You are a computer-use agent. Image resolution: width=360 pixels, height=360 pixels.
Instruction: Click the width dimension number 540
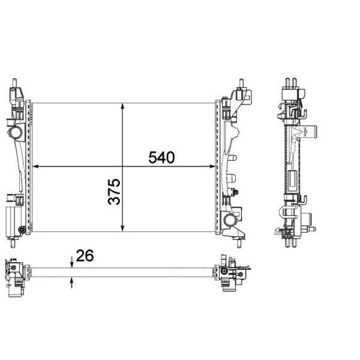[x=161, y=157]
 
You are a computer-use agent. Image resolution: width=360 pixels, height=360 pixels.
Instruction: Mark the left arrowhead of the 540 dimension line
[x=37, y=166]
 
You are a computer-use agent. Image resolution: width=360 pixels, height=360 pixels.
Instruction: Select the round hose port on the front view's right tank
[x=230, y=221]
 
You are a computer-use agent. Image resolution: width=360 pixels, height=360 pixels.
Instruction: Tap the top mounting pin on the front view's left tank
[x=15, y=83]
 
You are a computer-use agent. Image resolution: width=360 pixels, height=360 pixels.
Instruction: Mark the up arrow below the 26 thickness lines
[x=72, y=281]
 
